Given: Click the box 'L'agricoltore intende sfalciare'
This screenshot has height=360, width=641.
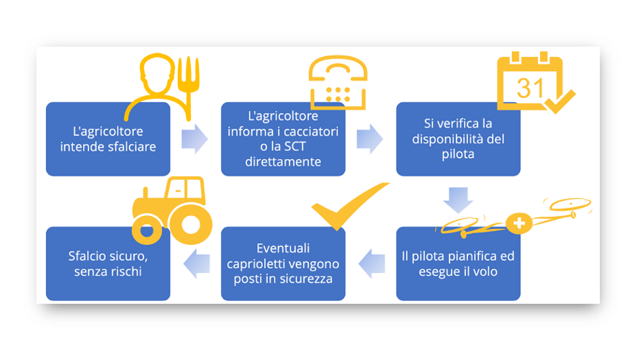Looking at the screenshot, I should pos(108,139).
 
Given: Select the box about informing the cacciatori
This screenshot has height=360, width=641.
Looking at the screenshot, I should pos(283,139).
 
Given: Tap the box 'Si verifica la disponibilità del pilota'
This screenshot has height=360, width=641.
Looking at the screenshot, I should pos(458,139).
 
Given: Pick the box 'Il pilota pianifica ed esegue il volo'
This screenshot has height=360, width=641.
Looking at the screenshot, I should pos(458,264).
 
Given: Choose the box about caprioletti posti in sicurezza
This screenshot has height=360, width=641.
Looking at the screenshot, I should pos(283,264).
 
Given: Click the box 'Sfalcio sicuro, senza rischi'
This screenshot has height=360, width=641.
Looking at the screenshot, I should pos(108,264).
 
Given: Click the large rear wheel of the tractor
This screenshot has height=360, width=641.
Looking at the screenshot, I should pos(190,224).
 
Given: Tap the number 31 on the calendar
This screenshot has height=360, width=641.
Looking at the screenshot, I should pos(531,88).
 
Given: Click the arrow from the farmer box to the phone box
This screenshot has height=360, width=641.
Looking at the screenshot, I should pos(194,139).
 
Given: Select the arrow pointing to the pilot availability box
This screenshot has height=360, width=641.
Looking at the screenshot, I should pos(370,139).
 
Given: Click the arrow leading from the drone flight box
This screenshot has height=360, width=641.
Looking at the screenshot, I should pos(371,264).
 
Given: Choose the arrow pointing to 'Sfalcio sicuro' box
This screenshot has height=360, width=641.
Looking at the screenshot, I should pos(196,264).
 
